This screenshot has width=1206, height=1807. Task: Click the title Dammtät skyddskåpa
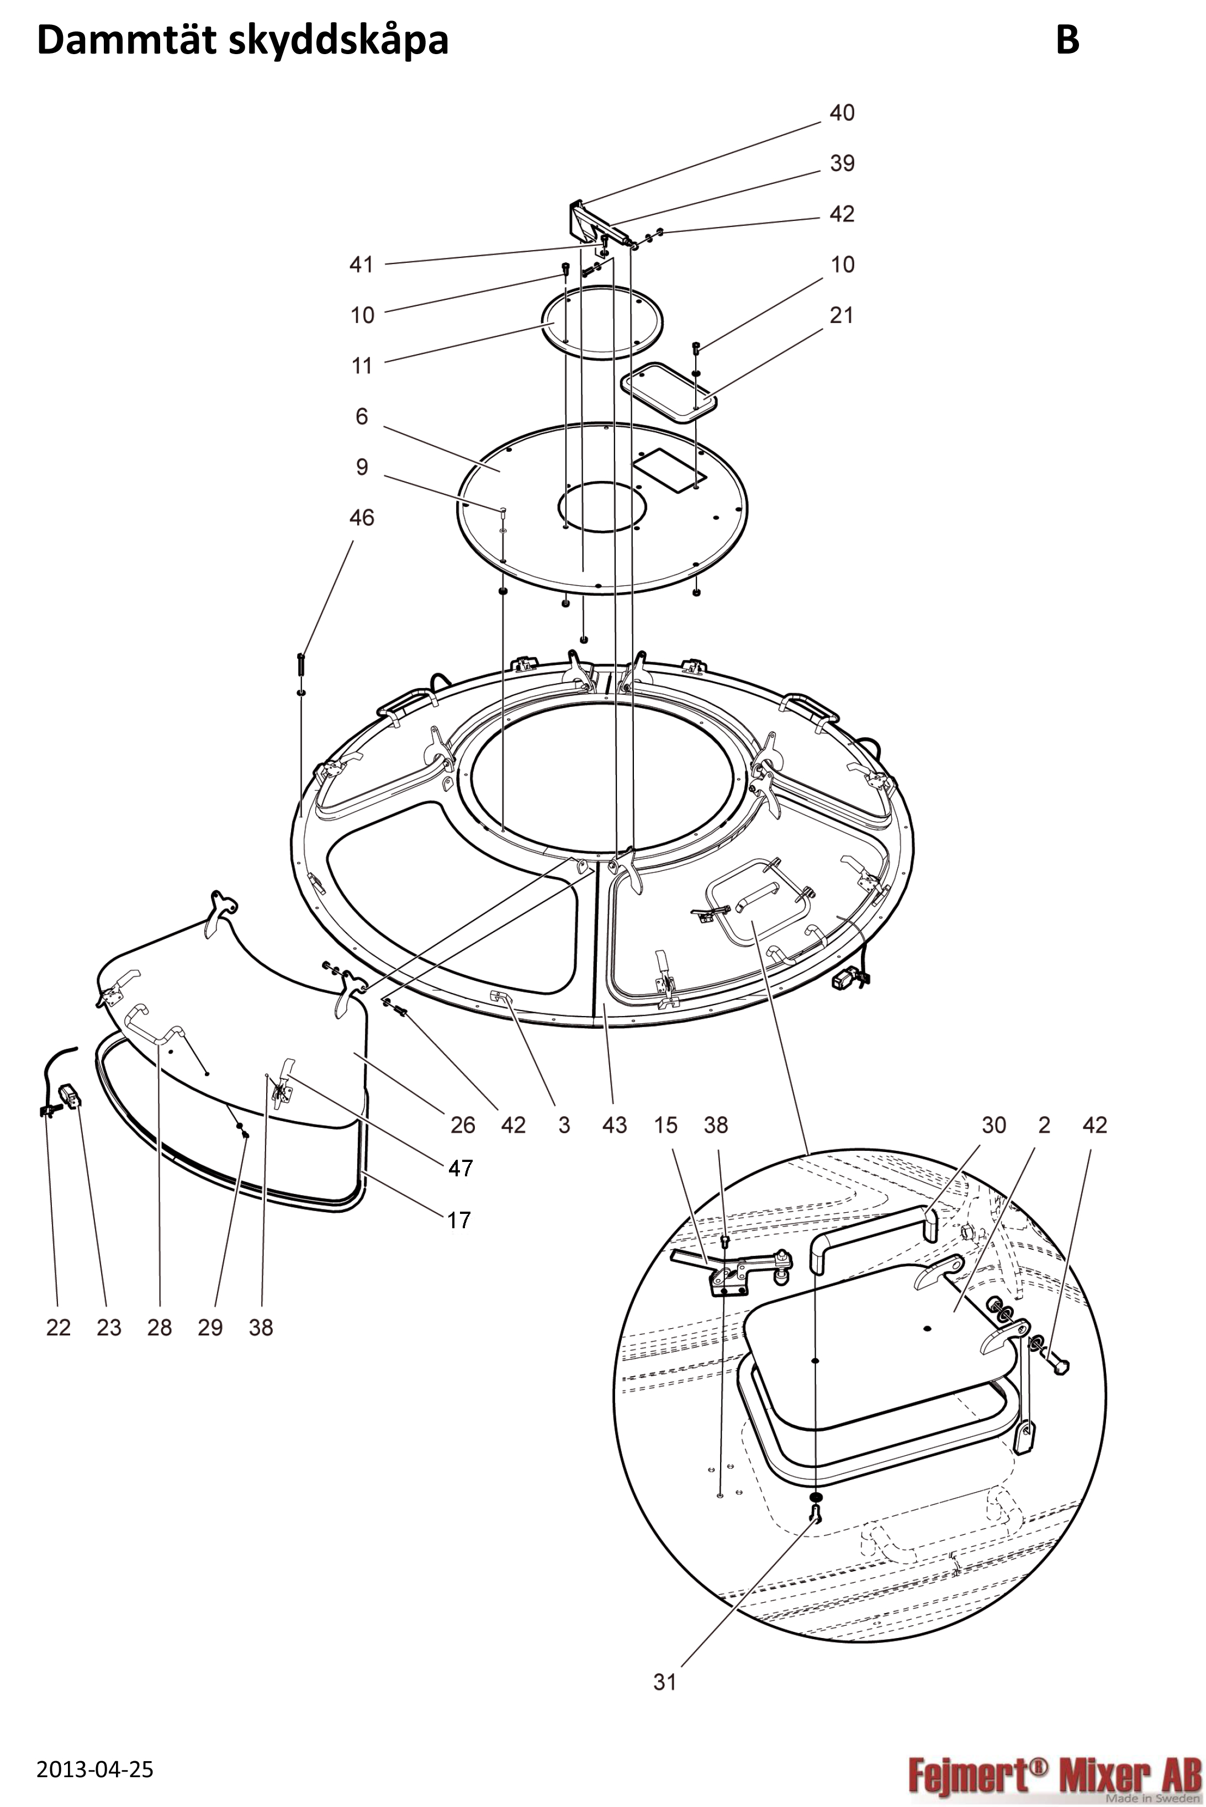[242, 40]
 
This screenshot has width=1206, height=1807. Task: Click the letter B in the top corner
[1067, 39]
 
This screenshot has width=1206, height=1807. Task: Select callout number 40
[842, 113]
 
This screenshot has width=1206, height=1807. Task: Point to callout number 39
[842, 163]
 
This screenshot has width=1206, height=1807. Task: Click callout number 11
[362, 366]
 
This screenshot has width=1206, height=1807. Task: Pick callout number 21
[842, 315]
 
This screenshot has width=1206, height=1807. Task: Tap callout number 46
[362, 517]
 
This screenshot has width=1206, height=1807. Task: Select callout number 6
[362, 416]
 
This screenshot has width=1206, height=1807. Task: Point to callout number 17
[459, 1220]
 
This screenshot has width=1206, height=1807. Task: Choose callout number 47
[460, 1169]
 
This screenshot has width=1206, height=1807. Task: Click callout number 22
[59, 1327]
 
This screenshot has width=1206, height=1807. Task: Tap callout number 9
[362, 467]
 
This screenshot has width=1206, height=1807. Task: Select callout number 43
[615, 1126]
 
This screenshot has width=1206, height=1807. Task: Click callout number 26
[462, 1126]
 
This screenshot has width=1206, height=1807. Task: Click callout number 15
[665, 1126]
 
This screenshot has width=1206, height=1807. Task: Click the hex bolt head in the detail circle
[1060, 1367]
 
